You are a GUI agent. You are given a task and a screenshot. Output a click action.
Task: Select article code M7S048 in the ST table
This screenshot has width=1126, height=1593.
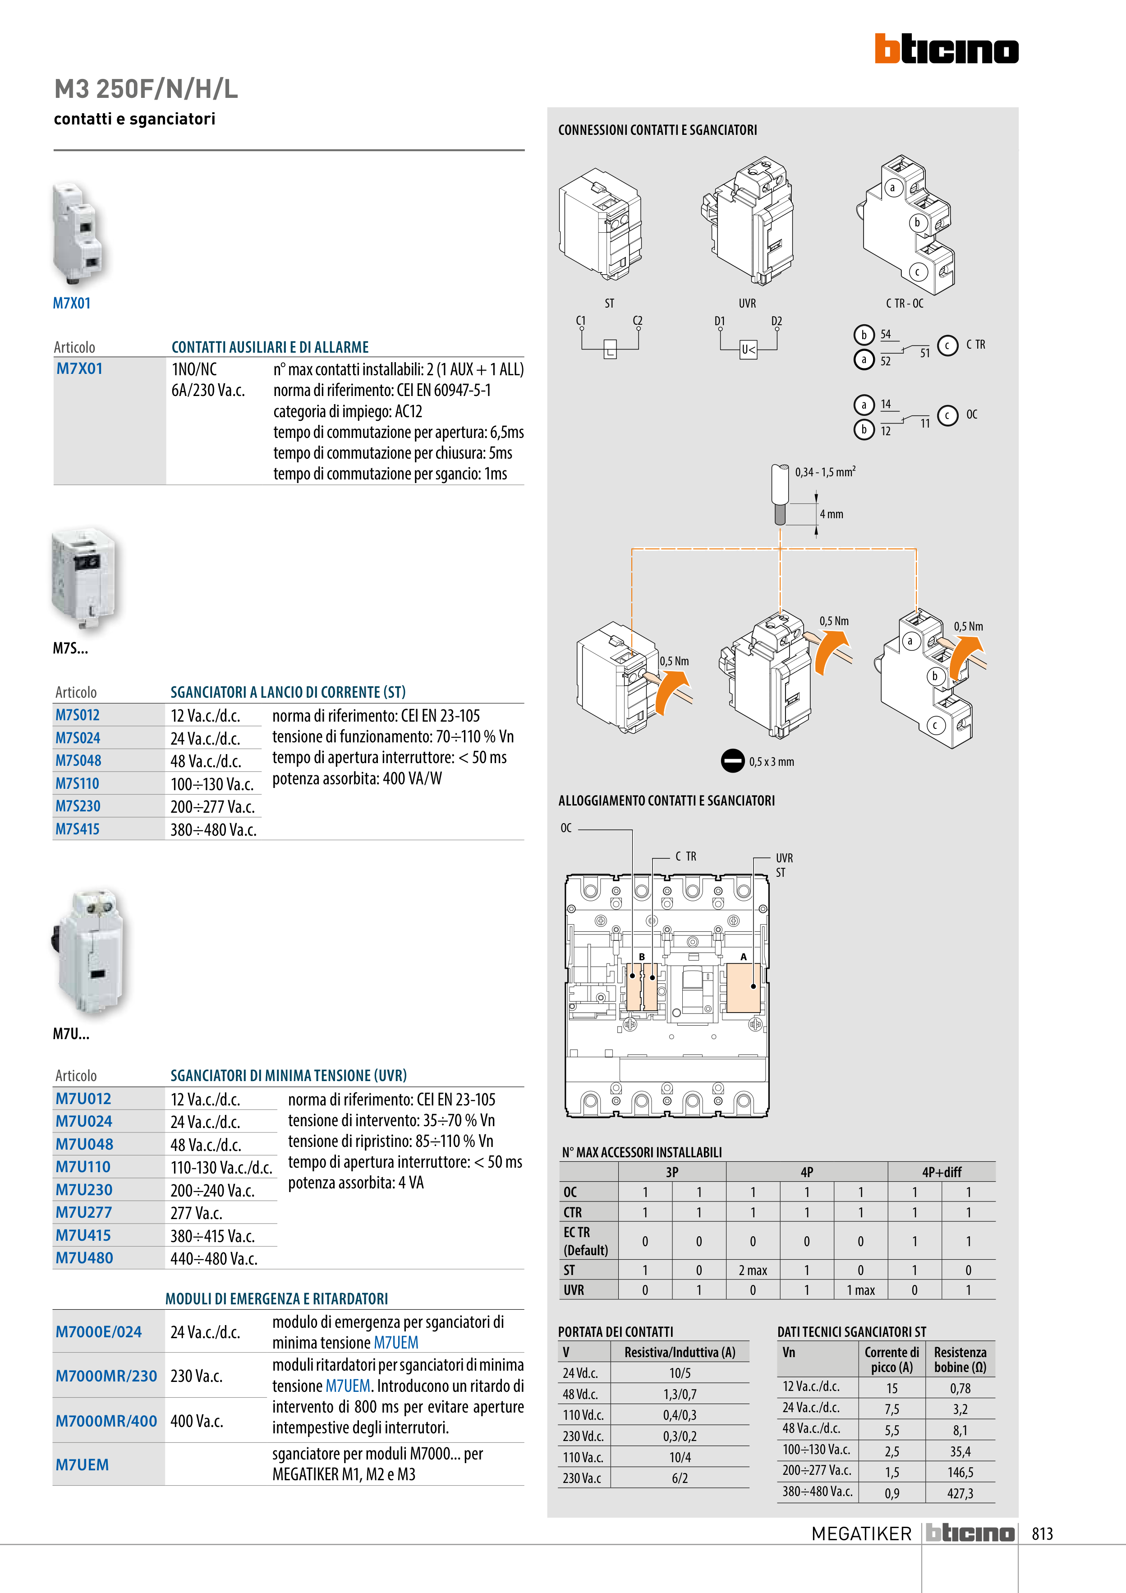pyautogui.click(x=78, y=760)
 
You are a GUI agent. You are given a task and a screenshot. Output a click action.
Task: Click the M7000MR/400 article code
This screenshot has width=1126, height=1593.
pyautogui.click(x=106, y=1420)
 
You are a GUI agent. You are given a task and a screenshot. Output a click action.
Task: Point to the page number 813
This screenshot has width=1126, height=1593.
pyautogui.click(x=1042, y=1533)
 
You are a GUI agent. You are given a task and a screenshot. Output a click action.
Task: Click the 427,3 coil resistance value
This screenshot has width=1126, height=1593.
pyautogui.click(x=960, y=1493)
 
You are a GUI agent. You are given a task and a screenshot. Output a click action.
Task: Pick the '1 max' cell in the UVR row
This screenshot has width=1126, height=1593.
pyautogui.click(x=860, y=1290)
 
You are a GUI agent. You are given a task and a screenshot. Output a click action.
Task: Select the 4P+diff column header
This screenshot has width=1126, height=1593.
pyautogui.click(x=942, y=1172)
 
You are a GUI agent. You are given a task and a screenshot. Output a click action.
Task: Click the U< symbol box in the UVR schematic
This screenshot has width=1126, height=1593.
pyautogui.click(x=748, y=350)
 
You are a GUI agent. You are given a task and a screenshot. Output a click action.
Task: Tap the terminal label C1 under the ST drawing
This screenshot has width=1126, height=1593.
pyautogui.click(x=581, y=321)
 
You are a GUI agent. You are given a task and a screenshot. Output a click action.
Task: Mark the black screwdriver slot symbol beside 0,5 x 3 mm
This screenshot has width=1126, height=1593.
pyautogui.click(x=733, y=761)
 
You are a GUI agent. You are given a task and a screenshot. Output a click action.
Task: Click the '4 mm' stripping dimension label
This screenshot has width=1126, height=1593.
pyautogui.click(x=831, y=514)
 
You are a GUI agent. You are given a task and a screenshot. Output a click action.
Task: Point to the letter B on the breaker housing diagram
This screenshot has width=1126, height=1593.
pyautogui.click(x=642, y=957)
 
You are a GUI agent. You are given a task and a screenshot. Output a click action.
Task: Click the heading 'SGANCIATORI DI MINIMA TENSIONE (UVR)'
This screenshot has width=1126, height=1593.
pyautogui.click(x=289, y=1075)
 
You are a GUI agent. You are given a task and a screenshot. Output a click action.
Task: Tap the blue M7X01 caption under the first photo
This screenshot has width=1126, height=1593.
pyautogui.click(x=71, y=303)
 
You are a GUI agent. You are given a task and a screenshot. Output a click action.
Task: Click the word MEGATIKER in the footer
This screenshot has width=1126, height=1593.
pyautogui.click(x=861, y=1533)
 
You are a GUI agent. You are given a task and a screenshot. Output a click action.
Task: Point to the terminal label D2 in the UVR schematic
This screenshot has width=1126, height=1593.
pyautogui.click(x=777, y=321)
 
